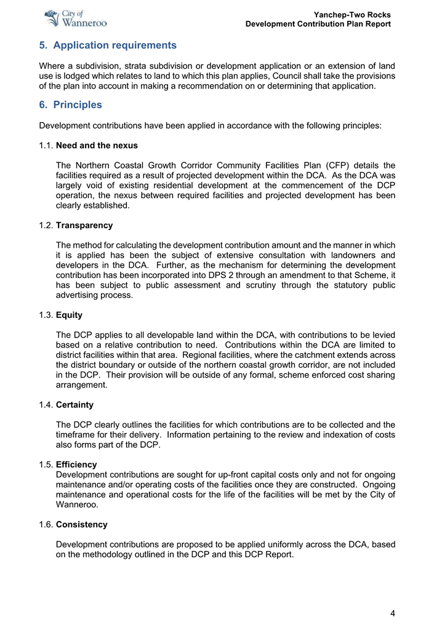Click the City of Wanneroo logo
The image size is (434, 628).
pyautogui.click(x=76, y=18)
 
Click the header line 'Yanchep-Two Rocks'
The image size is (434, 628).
pyautogui.click(x=352, y=14)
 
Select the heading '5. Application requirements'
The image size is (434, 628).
pyautogui.click(x=108, y=46)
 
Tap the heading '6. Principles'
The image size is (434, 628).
pyautogui.click(x=70, y=105)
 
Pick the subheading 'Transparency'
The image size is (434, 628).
pyautogui.click(x=84, y=226)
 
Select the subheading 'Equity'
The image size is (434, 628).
pyautogui.click(x=69, y=315)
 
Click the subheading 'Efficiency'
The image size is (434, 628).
pyautogui.click(x=76, y=464)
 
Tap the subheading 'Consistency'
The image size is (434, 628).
pyautogui.click(x=81, y=525)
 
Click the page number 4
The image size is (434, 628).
pyautogui.click(x=392, y=613)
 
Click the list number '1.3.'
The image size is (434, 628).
pyautogui.click(x=46, y=315)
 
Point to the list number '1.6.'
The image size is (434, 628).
pyautogui.click(x=46, y=525)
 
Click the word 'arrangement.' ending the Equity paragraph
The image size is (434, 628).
pyautogui.click(x=82, y=385)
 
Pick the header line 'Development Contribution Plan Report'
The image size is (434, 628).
pyautogui.click(x=318, y=24)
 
